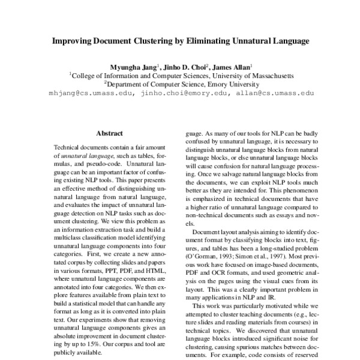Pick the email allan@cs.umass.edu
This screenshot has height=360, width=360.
pos(275,94)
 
